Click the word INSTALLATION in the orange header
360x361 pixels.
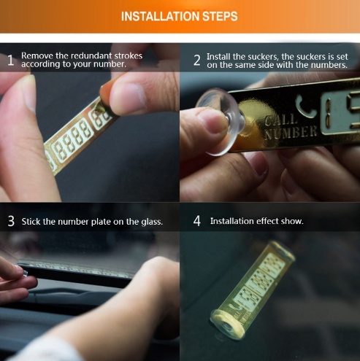161,17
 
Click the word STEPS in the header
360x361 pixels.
220,17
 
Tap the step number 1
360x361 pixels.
10,61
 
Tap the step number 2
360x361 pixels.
197,61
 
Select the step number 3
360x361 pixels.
11,221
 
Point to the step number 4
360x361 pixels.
197,221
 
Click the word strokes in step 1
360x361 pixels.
129,55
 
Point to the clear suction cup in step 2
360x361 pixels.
221,121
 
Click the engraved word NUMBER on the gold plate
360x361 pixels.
291,133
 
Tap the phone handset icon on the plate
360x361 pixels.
305,107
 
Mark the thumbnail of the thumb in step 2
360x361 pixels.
212,121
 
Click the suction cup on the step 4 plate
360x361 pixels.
227,325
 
